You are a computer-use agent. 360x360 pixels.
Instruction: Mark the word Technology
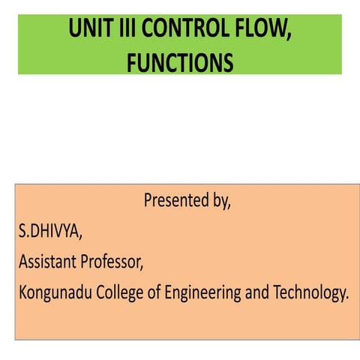point(308,293)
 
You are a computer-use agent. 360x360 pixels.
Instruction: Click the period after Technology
point(347,298)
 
